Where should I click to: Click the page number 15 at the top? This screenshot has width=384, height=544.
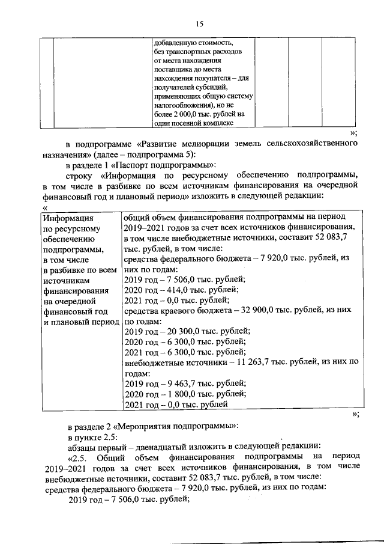point(199,23)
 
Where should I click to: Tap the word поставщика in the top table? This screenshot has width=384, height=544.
point(173,70)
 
